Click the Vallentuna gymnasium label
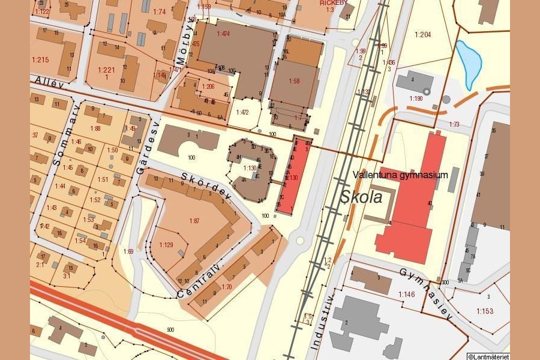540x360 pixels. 401,175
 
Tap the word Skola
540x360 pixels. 362,197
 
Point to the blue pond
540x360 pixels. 469,62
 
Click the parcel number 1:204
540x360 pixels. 422,35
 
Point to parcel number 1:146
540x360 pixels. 407,294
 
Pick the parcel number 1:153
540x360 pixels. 485,311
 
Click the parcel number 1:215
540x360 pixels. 40,59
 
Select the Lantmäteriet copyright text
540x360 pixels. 488,356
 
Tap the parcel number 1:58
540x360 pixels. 294,80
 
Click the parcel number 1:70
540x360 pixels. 226,287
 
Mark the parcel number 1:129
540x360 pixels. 166,244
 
